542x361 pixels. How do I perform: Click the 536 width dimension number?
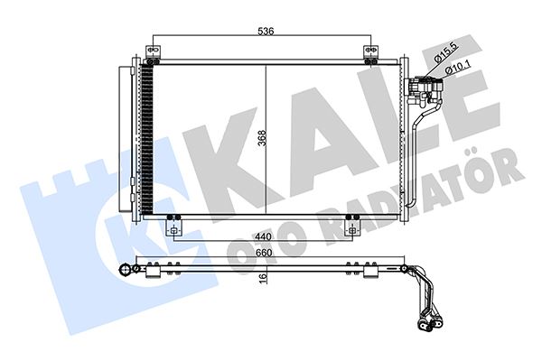point(263,30)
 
